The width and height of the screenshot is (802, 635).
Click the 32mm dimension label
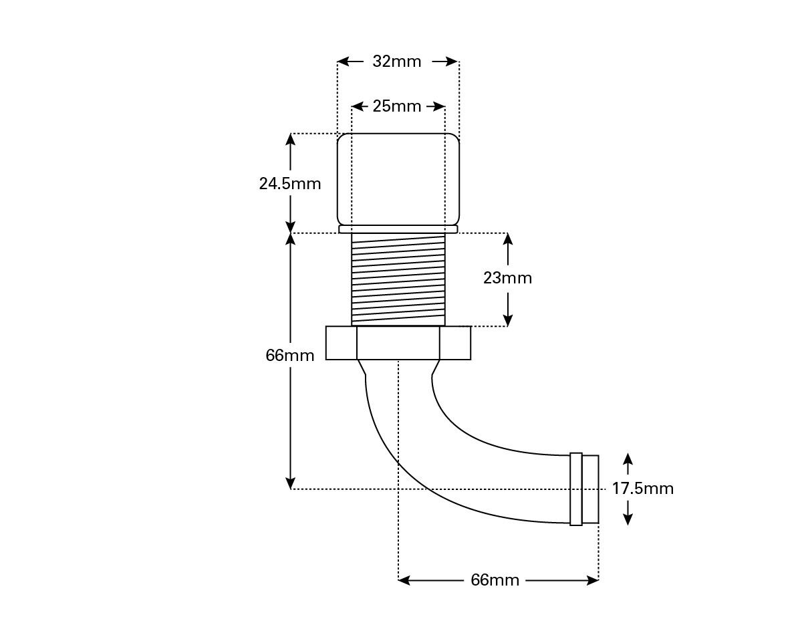click(397, 61)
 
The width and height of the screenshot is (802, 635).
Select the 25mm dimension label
click(397, 106)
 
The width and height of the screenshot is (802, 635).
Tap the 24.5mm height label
click(290, 183)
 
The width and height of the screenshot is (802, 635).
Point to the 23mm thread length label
click(507, 277)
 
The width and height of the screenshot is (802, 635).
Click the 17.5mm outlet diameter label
click(643, 489)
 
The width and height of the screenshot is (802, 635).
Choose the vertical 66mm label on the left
click(289, 355)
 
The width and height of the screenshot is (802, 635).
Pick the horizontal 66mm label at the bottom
click(495, 580)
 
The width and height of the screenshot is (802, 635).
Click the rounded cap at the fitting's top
click(398, 178)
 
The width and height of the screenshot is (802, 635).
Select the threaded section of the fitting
click(398, 279)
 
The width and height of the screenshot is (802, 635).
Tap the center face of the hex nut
click(398, 343)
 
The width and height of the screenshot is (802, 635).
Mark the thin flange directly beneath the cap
click(398, 229)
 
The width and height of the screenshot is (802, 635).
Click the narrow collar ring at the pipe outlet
click(576, 489)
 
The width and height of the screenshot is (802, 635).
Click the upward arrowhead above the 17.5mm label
click(628, 459)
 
